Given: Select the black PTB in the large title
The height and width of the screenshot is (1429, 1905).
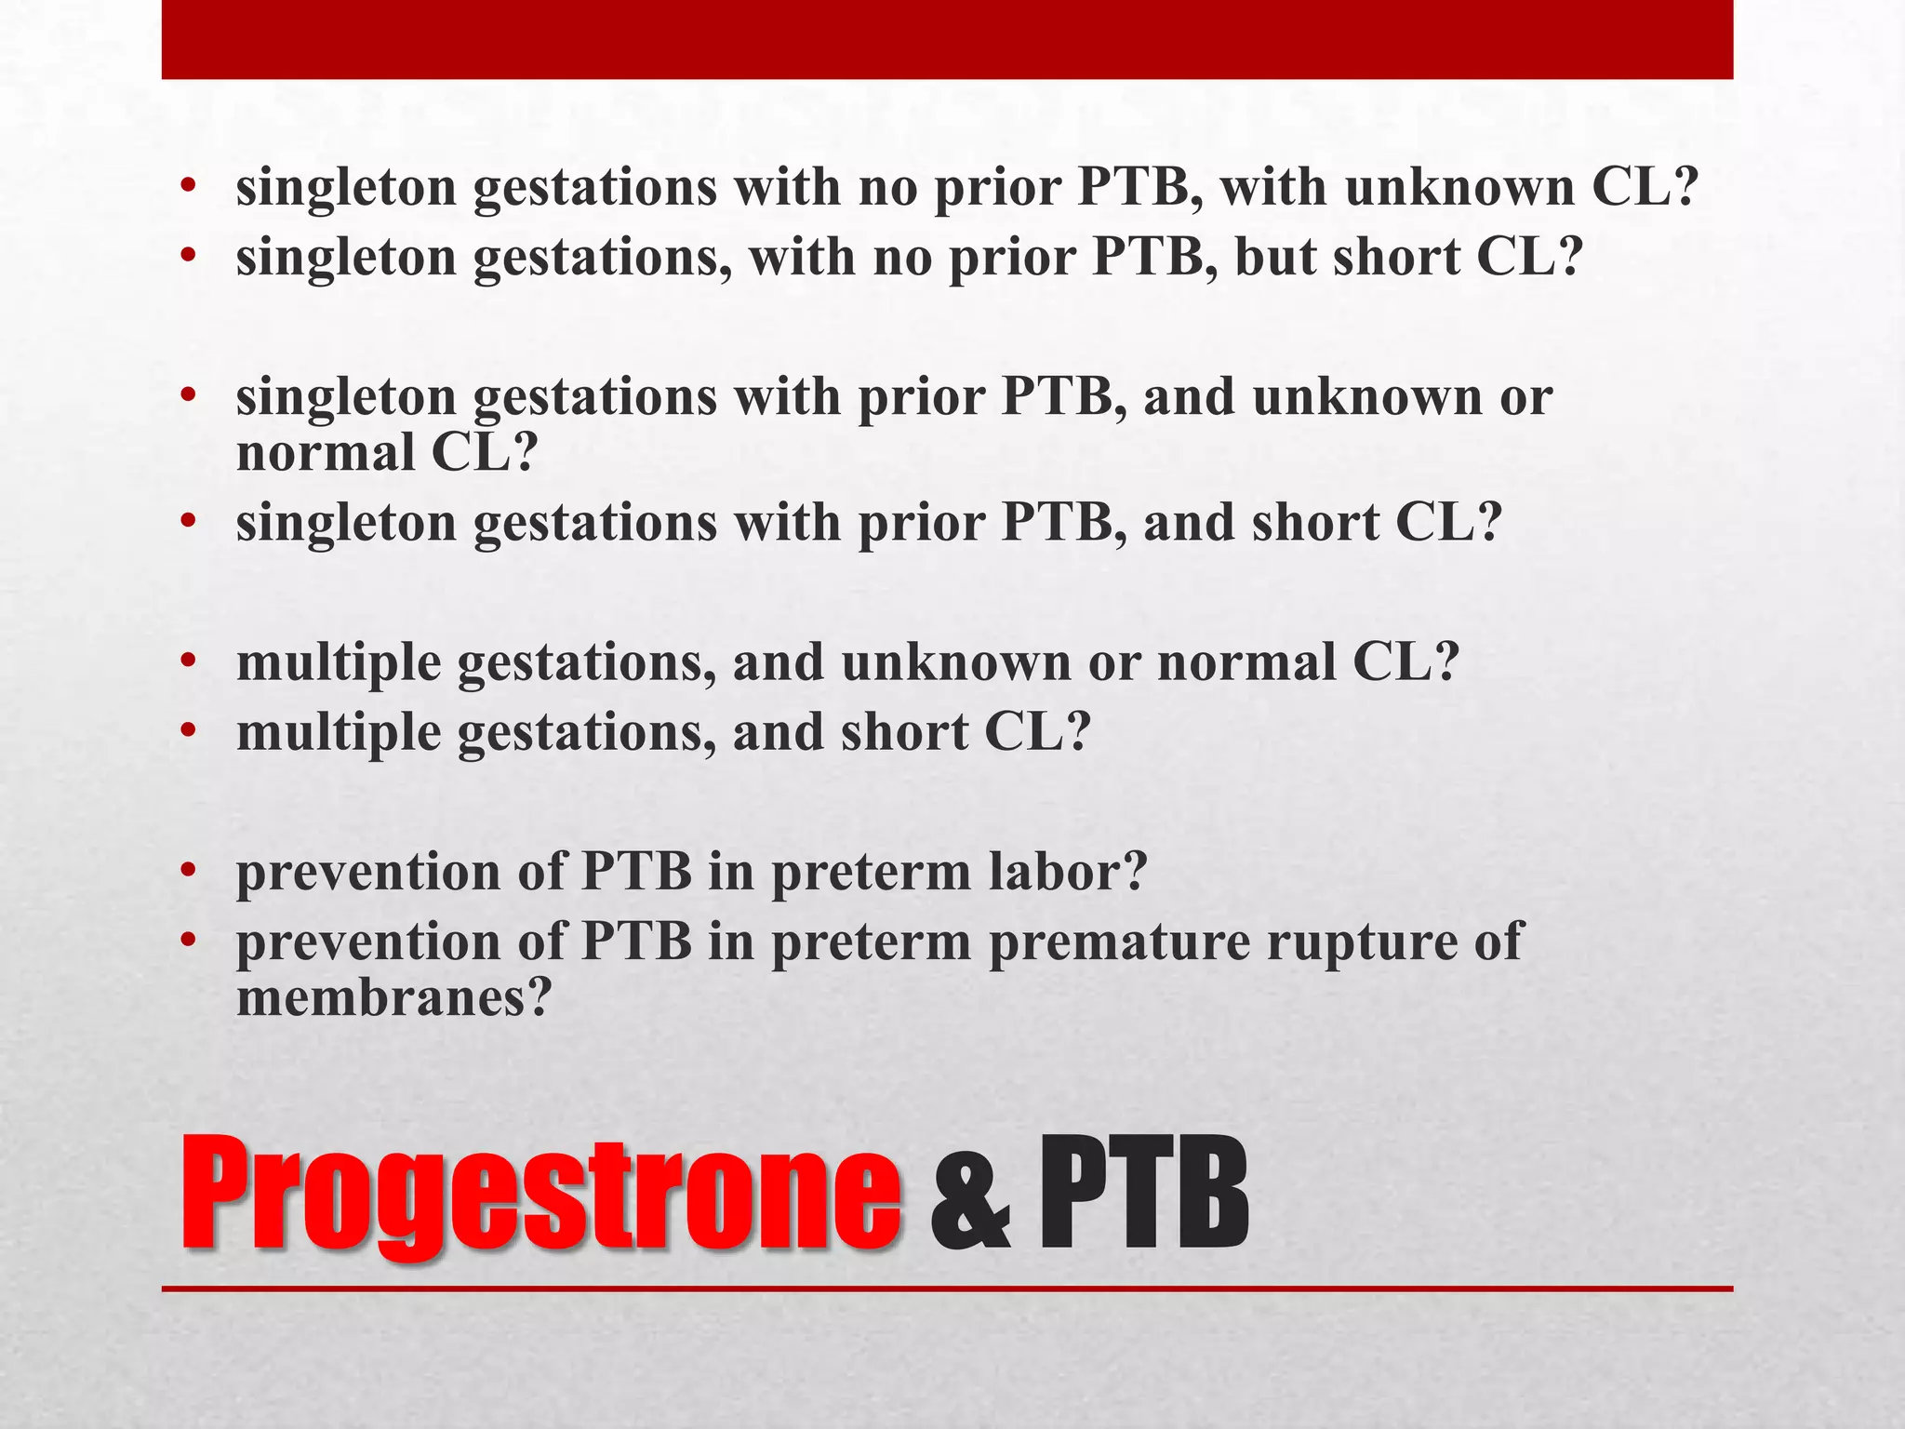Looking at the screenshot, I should pos(1143,1195).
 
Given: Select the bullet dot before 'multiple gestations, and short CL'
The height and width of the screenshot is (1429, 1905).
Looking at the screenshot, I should pos(189,733).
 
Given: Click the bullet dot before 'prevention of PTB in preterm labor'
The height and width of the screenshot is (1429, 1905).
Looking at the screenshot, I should pos(189,873).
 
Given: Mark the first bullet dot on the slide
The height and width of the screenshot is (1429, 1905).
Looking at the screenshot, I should pos(189,187).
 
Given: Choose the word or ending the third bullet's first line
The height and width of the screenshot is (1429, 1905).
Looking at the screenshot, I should pos(1525,398).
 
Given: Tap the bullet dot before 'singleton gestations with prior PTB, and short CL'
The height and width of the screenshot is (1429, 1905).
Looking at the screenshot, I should pos(189,523).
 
